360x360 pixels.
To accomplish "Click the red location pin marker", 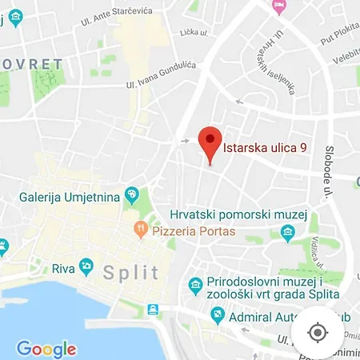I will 210,144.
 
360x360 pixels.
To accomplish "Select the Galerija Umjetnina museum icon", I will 132,195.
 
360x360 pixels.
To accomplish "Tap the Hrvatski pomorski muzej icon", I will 288,232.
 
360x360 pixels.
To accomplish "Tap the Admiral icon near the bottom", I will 217,315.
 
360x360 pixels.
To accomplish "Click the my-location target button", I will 318,332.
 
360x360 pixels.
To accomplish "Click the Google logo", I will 46,349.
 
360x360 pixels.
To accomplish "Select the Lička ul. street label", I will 194,54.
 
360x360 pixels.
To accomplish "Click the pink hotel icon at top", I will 279,7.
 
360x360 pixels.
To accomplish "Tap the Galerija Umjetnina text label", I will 70,196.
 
